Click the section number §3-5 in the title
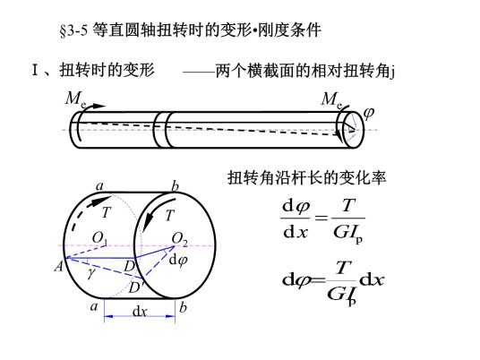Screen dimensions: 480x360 point(73,30)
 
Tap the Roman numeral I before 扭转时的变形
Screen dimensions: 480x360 point(35,70)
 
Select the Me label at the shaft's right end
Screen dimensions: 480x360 point(332,99)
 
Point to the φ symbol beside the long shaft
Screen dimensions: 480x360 point(369,113)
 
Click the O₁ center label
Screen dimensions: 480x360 point(99,238)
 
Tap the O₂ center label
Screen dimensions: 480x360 point(179,239)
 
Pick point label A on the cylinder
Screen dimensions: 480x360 point(58,266)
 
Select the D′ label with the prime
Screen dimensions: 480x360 point(134,287)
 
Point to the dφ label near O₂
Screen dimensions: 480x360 point(178,261)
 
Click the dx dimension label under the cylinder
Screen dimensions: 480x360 point(140,312)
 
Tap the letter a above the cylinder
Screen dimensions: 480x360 point(99,185)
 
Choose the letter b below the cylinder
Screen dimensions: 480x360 point(183,307)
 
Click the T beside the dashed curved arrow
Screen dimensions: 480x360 point(106,212)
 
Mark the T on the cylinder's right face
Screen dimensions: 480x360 point(170,216)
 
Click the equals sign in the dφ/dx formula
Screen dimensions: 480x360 point(321,218)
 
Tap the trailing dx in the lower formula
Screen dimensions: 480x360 point(372,279)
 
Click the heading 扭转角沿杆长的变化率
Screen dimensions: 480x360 point(307,178)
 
